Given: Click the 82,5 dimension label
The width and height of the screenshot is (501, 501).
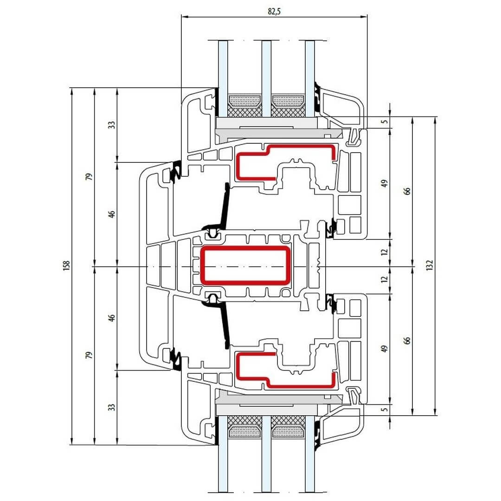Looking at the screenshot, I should tap(274, 12).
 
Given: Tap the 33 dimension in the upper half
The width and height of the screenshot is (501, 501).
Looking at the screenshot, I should tap(111, 125).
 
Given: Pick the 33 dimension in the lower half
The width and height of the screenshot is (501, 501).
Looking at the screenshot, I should tap(111, 407).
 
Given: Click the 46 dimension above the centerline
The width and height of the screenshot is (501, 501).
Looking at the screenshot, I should tap(111, 214).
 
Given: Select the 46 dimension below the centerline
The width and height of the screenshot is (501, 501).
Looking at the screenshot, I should tap(111, 318).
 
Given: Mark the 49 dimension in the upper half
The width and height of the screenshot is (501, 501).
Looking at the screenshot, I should tap(384, 183).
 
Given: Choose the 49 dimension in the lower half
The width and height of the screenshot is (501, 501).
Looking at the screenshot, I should tap(384, 349).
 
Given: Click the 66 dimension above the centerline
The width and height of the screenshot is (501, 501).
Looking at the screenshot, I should tap(407, 191).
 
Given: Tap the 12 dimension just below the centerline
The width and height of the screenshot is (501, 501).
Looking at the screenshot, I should tap(384, 280).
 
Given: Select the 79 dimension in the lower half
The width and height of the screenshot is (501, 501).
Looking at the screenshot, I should tap(90, 355).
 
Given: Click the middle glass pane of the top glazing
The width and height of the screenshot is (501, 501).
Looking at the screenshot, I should tap(266, 70).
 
